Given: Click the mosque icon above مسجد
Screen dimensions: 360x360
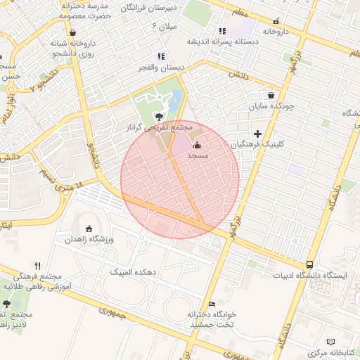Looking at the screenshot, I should click(x=196, y=145).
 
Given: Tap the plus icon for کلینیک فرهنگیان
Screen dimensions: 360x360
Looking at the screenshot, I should click(x=258, y=133).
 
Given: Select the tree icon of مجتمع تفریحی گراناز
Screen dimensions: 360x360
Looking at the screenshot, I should click(x=160, y=115).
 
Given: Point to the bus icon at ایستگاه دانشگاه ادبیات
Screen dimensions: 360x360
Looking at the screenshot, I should click(x=310, y=264).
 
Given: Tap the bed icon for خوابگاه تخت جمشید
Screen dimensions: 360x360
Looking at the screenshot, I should click(x=212, y=304).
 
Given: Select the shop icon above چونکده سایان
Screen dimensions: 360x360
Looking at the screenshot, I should click(x=271, y=96).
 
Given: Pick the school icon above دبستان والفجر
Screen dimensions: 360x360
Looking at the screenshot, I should click(x=161, y=56).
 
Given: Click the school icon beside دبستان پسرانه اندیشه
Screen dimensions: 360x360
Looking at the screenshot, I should click(x=222, y=31).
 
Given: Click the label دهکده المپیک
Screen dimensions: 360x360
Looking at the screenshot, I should click(x=138, y=271).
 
